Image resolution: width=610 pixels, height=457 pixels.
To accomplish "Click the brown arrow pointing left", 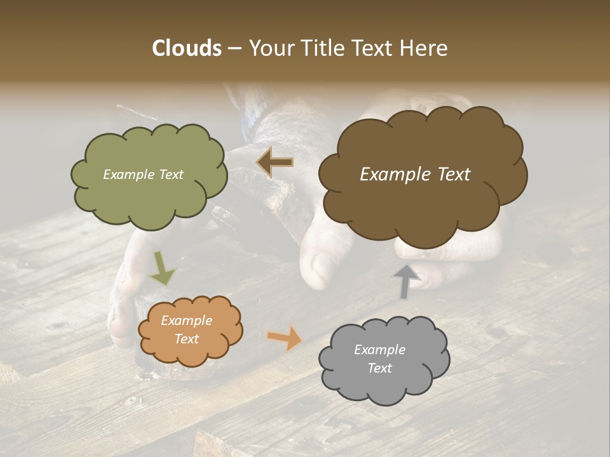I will pos(275,162).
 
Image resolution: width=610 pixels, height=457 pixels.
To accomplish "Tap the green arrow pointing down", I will pos(162,268).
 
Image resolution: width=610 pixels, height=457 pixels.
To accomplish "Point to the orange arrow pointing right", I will pos(285,338).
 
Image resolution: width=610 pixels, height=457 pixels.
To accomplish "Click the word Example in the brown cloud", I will pos(391,175).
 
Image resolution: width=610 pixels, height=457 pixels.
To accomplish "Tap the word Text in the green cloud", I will pos(170,175).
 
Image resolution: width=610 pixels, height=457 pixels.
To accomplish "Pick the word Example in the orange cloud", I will pos(186,321).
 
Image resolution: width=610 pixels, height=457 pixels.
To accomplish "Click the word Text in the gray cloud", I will pos(379,368).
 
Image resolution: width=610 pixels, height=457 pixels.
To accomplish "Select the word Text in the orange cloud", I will pos(186,339).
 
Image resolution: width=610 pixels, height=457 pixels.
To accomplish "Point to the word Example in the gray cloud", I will pos(379,350).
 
